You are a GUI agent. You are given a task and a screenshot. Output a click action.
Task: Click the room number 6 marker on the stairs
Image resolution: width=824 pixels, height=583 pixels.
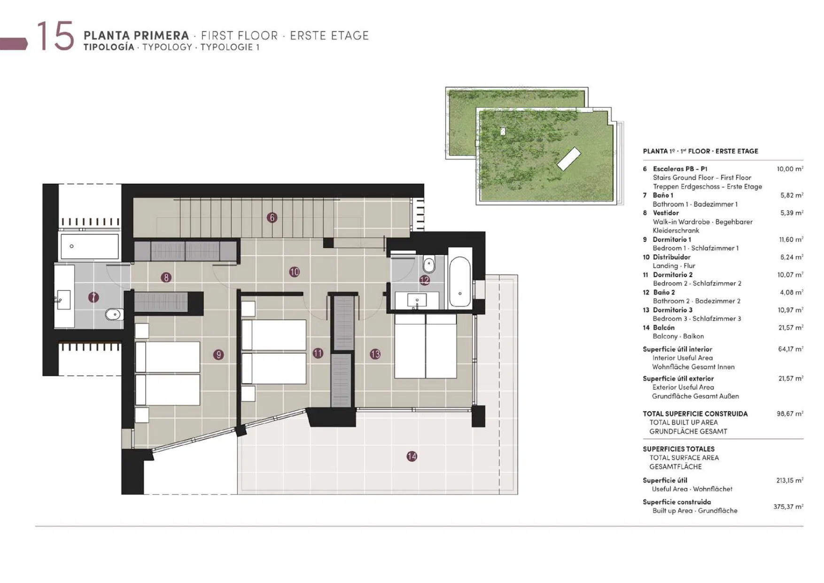click(272, 218)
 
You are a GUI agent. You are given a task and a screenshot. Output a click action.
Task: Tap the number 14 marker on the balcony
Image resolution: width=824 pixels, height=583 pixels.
click(412, 456)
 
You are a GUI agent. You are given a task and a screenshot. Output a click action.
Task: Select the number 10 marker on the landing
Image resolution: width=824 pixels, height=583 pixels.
click(295, 272)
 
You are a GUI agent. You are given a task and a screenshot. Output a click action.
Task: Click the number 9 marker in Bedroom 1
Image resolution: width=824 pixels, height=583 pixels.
click(218, 355)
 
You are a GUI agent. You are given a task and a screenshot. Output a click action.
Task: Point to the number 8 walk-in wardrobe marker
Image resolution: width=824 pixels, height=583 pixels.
click(166, 278)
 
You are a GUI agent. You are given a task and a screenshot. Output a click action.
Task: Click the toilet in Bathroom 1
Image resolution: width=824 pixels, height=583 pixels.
click(114, 314)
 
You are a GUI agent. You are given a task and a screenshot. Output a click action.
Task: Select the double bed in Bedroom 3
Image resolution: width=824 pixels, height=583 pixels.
click(426, 346)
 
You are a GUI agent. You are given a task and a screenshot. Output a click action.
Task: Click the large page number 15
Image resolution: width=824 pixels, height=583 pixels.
click(55, 36)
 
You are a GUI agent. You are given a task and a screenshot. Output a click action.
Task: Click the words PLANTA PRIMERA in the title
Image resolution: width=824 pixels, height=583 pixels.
click(136, 36)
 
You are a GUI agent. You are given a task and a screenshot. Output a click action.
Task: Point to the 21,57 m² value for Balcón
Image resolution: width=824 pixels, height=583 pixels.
click(791, 327)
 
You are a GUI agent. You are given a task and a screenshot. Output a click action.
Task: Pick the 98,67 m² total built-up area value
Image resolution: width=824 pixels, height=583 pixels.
click(790, 413)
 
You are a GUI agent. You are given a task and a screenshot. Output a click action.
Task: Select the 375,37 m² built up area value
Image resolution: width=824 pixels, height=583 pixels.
click(788, 506)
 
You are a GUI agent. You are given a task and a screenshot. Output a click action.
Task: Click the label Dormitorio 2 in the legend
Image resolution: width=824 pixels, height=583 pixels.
click(673, 275)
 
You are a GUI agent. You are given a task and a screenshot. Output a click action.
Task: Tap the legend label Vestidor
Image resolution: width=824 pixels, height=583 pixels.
click(666, 213)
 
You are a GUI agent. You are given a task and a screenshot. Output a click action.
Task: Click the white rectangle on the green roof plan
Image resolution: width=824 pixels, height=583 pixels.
click(569, 159)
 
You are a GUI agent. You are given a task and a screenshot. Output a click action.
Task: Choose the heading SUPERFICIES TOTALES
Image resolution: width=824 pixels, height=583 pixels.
click(679, 449)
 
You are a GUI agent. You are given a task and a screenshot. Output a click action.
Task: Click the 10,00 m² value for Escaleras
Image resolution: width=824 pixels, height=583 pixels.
click(790, 169)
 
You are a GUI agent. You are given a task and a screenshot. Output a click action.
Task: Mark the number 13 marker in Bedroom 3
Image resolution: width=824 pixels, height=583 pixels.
click(375, 354)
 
